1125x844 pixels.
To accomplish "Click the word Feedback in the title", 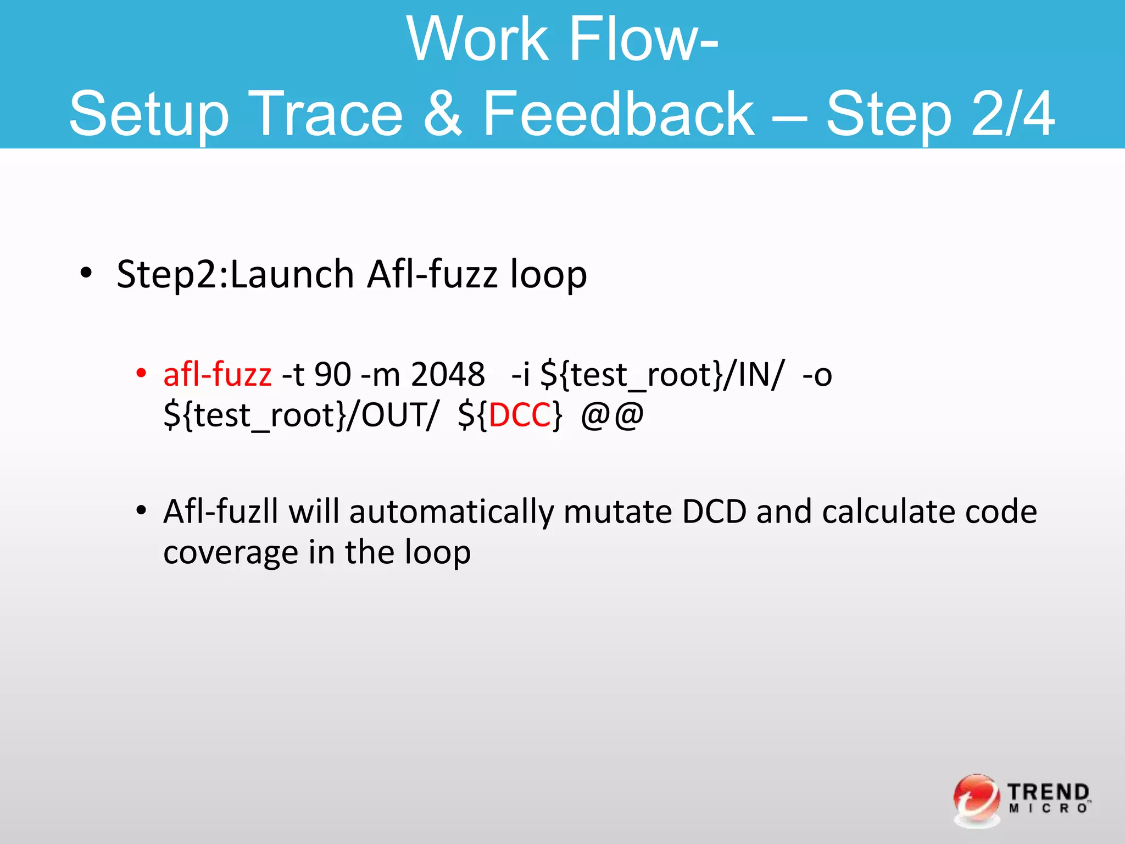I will [x=618, y=114].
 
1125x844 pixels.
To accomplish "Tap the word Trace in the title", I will [x=326, y=114].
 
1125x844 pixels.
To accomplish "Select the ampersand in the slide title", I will [x=443, y=114].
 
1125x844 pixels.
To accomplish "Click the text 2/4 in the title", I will [x=1012, y=114].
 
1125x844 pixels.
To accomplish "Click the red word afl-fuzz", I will [x=218, y=375].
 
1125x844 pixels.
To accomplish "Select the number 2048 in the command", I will [x=448, y=375].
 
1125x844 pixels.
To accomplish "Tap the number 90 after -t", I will [x=333, y=375].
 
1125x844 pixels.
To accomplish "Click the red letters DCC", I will [x=520, y=415].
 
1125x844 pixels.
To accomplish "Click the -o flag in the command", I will [x=817, y=375].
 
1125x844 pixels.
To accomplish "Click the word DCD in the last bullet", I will [x=714, y=512].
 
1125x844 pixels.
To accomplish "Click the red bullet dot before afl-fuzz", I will [x=141, y=374].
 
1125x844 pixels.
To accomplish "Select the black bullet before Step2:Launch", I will [x=86, y=273].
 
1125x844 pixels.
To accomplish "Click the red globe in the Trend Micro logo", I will [x=976, y=799].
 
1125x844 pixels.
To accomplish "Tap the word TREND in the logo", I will [x=1048, y=792].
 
